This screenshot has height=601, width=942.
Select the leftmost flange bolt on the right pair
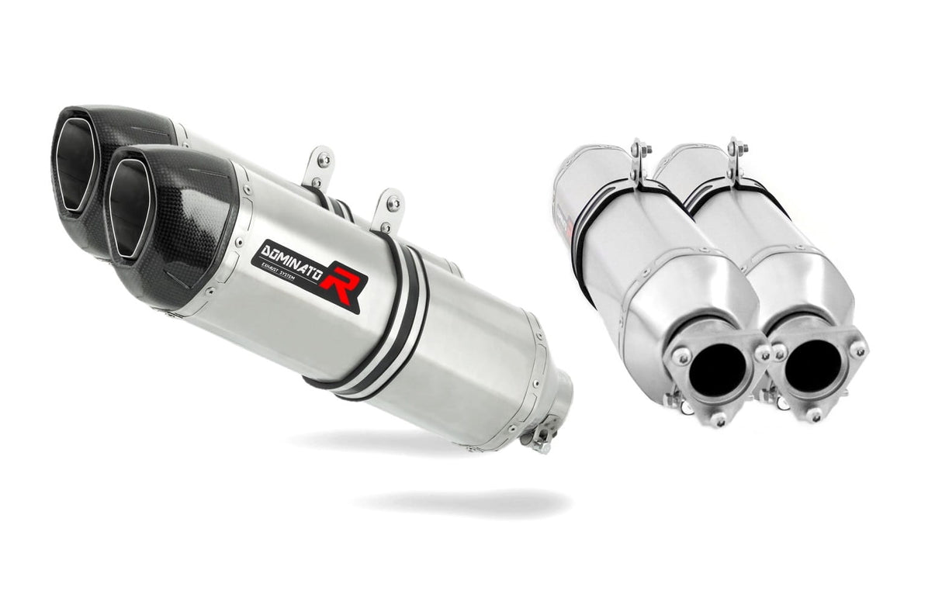coord(681,356)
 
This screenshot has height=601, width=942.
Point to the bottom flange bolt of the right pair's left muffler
coord(719,420)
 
